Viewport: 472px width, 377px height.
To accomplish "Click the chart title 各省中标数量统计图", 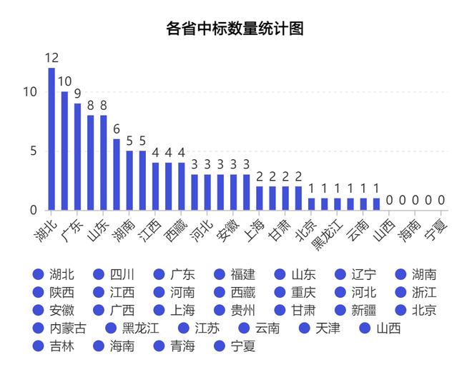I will pyautogui.click(x=235, y=29).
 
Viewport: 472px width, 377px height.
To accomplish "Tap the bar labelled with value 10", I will pyautogui.click(x=64, y=151).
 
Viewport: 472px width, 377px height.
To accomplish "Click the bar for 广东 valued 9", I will pyautogui.click(x=77, y=157).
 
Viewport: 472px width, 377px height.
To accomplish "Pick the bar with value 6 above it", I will pyautogui.click(x=117, y=174).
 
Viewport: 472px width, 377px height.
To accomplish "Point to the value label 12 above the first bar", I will pyautogui.click(x=51, y=58).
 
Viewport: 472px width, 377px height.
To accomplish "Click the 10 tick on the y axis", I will pyautogui.click(x=31, y=92).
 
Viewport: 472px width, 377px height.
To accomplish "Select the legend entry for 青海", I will pyautogui.click(x=174, y=347).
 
